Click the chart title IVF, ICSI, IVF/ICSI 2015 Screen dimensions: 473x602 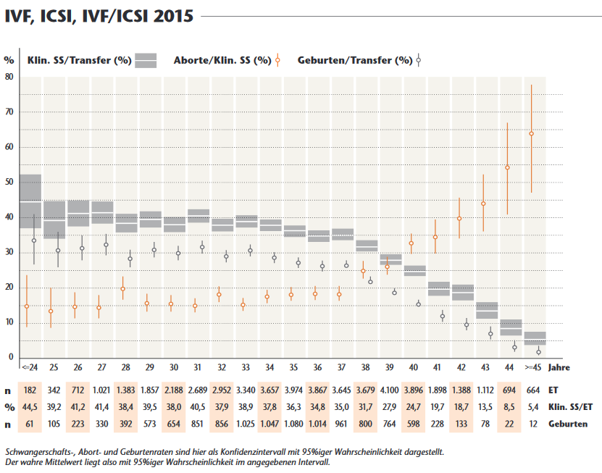point(99,15)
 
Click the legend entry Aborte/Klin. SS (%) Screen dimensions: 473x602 point(222,60)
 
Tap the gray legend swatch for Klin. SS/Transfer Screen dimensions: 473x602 point(146,60)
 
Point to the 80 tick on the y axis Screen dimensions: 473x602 point(9,76)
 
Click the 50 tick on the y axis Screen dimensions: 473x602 point(9,182)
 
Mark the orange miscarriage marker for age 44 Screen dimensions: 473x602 point(507,167)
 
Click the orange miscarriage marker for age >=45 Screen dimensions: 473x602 point(531,133)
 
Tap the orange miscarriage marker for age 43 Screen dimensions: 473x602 point(483,204)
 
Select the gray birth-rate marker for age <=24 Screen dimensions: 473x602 point(34,240)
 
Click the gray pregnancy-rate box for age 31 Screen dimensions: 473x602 point(198,216)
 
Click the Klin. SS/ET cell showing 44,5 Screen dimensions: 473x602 point(30,406)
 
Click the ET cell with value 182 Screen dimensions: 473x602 point(30,390)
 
